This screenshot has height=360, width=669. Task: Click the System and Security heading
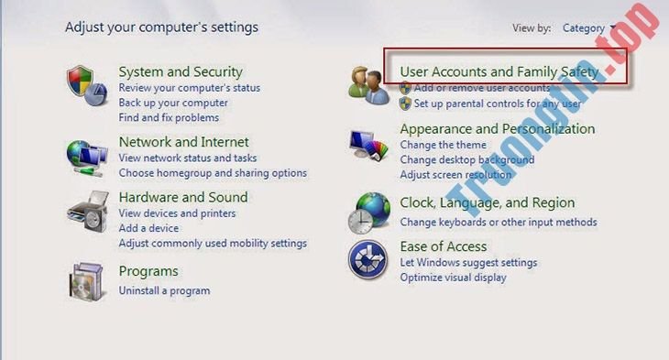point(181,71)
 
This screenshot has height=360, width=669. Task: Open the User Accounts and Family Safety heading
point(499,71)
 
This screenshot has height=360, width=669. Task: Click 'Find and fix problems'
point(169,117)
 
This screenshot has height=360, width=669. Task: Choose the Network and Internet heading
point(183,142)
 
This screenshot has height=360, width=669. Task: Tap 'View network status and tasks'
point(188,158)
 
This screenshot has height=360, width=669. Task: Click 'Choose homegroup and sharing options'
point(213,173)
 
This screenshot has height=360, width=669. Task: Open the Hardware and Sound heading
point(183,197)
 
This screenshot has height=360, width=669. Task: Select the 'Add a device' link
point(148,228)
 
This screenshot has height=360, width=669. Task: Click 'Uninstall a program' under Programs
point(164,290)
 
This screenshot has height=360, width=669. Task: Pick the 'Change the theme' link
point(443,145)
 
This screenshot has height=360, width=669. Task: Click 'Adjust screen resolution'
point(455,174)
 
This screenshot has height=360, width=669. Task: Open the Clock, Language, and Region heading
point(487,202)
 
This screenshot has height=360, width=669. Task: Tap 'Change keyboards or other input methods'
point(498,222)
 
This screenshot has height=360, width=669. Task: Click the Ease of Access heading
point(443,246)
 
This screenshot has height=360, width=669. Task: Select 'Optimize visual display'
point(453,278)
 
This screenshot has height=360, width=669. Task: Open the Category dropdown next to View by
point(588,28)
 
